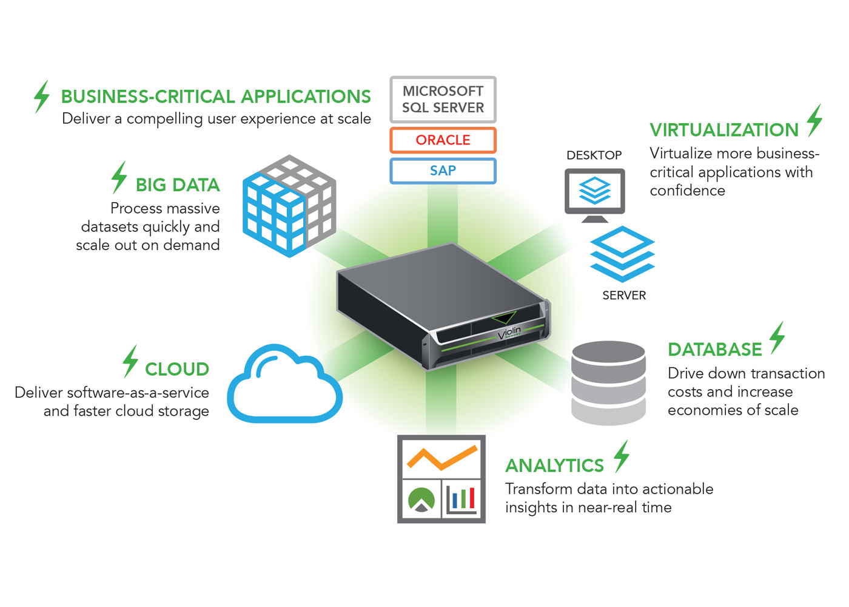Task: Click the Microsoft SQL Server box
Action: point(443,100)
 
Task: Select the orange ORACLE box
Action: point(443,140)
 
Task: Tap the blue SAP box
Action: point(443,171)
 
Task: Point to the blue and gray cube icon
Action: point(289,206)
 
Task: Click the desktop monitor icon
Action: point(594,194)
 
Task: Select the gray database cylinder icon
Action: point(608,382)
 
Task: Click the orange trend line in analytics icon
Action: point(441,458)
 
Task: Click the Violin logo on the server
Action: point(509,333)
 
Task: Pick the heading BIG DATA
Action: point(178,185)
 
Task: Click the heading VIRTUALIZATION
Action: point(724,130)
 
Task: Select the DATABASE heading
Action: point(714,350)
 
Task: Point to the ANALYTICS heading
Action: point(554,466)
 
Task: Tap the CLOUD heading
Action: point(177,369)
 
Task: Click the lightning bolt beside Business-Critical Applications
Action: point(41,97)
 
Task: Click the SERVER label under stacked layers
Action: point(624,296)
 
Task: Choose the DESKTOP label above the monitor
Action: point(594,155)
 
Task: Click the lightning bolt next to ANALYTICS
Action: point(621,456)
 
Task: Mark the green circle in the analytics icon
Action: point(421,499)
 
